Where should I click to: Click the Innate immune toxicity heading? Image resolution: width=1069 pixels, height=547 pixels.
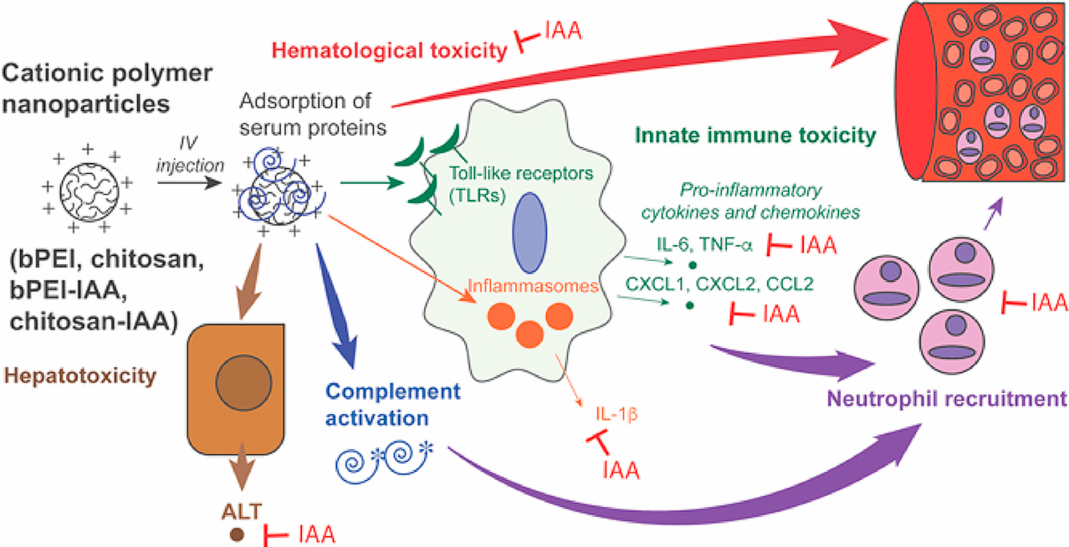tap(755, 135)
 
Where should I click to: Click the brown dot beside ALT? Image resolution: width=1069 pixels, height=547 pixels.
tap(237, 534)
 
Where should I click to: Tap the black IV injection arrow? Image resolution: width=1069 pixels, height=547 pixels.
tap(190, 179)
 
